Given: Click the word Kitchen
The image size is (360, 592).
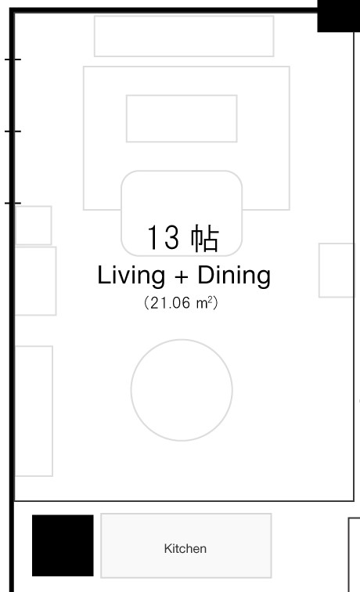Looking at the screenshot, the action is point(185,548).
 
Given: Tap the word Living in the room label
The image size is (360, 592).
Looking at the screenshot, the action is point(131,275).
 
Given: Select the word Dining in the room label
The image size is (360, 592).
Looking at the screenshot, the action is point(234,275).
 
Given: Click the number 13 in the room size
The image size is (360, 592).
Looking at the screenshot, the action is point(163,237).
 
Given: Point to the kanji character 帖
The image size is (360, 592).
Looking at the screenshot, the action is point(205,238).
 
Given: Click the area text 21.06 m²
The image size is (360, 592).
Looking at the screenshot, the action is point(181,303).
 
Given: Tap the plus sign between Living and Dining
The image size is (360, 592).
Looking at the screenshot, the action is point(182,276).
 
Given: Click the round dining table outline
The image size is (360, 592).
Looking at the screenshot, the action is point(182,339).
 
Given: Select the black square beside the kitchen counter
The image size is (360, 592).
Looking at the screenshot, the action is point(63,545).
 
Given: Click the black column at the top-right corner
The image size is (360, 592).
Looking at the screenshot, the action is point(339,16).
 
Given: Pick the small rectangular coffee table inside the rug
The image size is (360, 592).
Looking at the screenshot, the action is point(182,96).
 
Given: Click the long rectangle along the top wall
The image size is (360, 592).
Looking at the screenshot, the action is point(184,16).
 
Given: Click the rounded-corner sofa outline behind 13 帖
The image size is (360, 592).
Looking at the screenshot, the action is point(182,171).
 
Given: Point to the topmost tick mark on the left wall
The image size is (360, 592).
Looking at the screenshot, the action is point(13,60).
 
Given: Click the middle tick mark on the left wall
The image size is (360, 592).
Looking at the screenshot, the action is point(13,131).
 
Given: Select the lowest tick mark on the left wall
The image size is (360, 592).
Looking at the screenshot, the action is point(13,203).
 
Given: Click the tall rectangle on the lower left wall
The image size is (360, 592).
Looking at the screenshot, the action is point(52,411).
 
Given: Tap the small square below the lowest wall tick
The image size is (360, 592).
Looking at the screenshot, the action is point(52,226).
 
